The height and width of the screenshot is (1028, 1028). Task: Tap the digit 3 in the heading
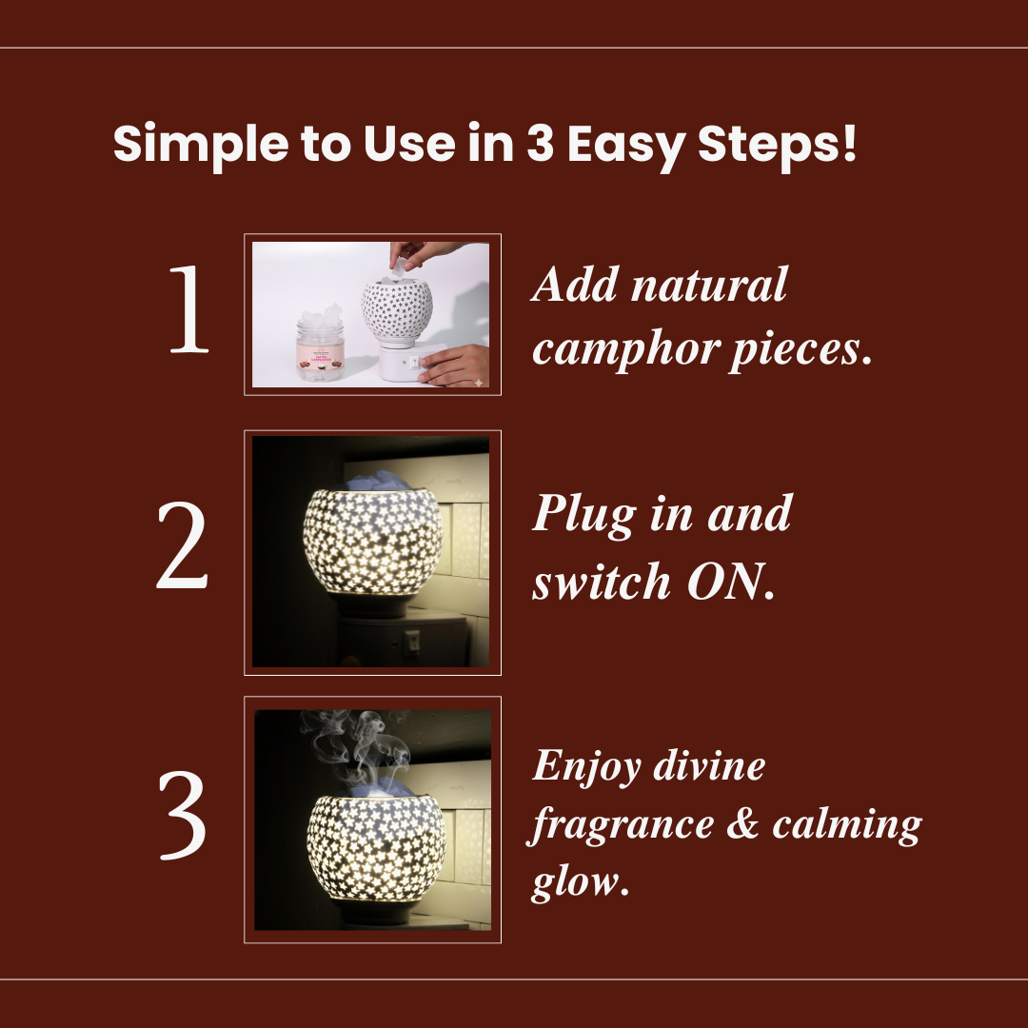(541, 142)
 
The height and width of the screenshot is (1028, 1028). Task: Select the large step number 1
(189, 308)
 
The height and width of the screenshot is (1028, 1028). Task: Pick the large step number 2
(182, 544)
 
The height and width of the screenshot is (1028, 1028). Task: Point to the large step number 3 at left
(182, 815)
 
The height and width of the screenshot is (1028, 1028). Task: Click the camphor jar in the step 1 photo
(320, 343)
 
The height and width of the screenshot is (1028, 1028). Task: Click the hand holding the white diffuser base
(455, 366)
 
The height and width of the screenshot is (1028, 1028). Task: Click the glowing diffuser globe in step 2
(373, 542)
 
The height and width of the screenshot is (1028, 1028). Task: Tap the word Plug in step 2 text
(584, 515)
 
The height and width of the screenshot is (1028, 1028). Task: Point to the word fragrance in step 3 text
(621, 825)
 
